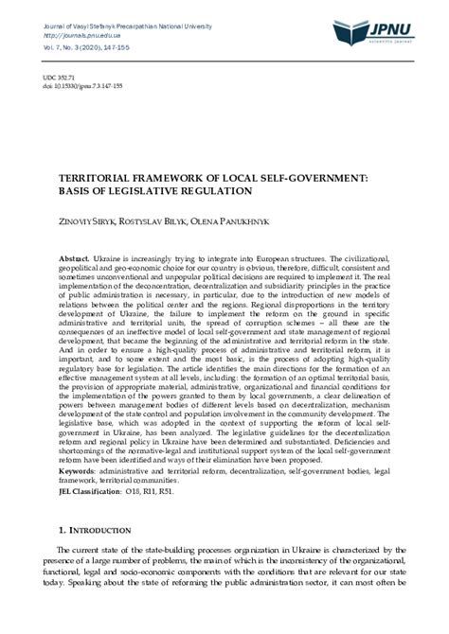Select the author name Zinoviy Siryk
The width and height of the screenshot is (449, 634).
coord(92,225)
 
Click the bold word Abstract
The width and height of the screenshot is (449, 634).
coord(74,258)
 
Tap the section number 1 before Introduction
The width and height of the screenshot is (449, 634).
coord(62,531)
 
